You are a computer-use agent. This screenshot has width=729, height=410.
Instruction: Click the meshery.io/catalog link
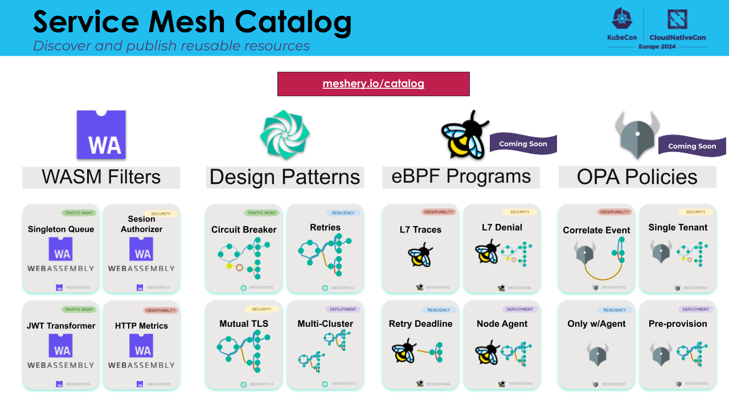[x=373, y=84]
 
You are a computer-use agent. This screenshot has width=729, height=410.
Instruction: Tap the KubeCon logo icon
[x=622, y=19]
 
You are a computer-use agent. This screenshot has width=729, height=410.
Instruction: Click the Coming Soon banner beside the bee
[x=523, y=143]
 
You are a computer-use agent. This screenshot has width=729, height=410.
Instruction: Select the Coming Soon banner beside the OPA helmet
[x=691, y=146]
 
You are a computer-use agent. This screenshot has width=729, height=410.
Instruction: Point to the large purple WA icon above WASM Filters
[x=101, y=135]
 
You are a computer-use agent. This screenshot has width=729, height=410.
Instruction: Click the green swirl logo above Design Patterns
[x=285, y=134]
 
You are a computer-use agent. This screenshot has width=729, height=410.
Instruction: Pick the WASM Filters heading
[x=101, y=177]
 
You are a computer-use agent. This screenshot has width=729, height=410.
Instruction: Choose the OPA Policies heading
[x=637, y=177]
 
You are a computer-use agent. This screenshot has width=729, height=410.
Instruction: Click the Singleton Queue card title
[x=61, y=229]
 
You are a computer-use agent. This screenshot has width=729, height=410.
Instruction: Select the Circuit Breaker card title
[x=244, y=230]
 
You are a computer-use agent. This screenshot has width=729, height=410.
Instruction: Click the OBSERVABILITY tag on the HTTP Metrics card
[x=161, y=310]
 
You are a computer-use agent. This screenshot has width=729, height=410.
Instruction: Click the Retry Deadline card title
[x=420, y=324]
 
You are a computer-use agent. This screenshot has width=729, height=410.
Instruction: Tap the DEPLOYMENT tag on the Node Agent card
[x=519, y=309]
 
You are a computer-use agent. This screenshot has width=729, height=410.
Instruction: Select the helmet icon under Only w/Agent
[x=596, y=354]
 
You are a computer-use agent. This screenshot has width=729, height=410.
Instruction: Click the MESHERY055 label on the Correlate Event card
[x=613, y=288]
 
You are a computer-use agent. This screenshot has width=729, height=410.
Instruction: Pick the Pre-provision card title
[x=678, y=324]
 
